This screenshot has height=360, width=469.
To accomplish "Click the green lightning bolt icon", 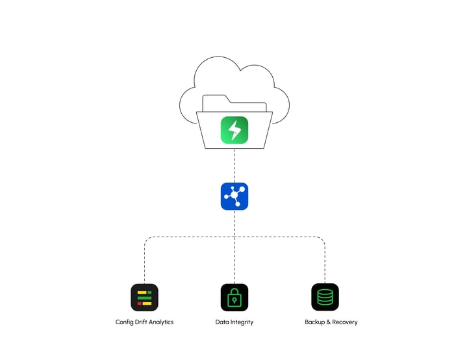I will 234,130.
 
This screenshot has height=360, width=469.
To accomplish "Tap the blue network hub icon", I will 234,196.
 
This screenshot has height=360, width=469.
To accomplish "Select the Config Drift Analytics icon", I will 144,298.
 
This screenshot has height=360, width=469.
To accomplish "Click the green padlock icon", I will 234,298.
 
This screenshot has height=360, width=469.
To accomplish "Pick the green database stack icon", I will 325,298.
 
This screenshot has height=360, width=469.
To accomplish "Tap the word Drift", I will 142,322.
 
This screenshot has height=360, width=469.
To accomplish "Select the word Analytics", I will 162,322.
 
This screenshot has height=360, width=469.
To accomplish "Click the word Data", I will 222,322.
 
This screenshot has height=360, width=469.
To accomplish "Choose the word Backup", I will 316,322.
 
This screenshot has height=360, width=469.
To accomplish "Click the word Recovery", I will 345,322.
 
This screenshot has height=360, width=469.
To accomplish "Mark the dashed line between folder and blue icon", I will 234,166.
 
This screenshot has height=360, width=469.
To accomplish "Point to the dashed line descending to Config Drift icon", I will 144,263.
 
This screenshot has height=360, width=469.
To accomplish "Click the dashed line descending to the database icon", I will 325,263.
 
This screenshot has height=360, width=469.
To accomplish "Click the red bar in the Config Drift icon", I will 139,303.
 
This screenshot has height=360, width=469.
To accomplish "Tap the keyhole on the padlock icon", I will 234,301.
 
